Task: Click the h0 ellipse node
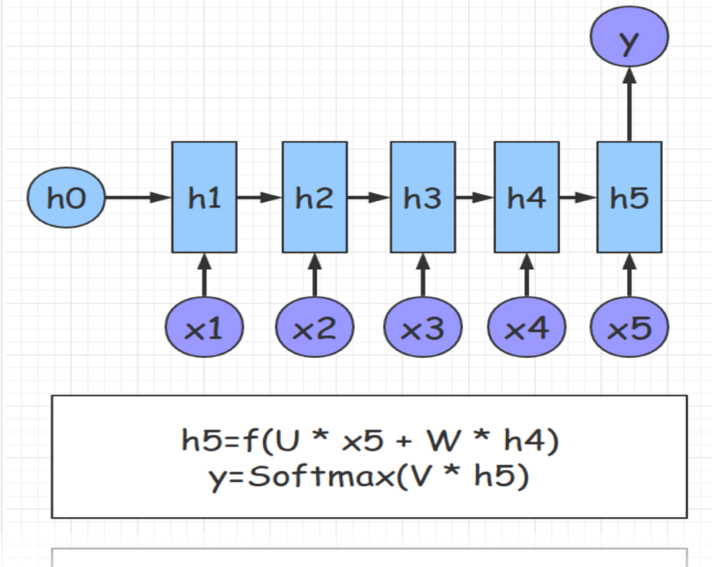coord(66,198)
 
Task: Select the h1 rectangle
coord(204,197)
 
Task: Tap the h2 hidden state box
coord(314,197)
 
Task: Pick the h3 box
coord(423,197)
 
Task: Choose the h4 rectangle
coord(527,197)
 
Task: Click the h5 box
coord(630,197)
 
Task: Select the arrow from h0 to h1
coord(139,198)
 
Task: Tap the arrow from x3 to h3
coord(423,277)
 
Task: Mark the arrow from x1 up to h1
coord(204,277)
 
